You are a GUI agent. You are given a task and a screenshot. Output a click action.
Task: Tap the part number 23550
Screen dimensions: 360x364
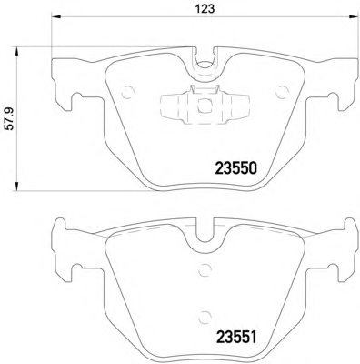pyautogui.click(x=236, y=167)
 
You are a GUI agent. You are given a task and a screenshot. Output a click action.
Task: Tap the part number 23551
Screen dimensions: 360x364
pyautogui.click(x=236, y=337)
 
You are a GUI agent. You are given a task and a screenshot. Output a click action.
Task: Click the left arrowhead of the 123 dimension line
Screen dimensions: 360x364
pyautogui.click(x=57, y=16)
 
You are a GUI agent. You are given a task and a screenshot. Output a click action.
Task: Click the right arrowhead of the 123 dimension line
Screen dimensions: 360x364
pyautogui.click(x=353, y=16)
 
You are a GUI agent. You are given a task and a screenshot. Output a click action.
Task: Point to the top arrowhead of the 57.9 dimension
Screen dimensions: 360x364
pyautogui.click(x=17, y=52)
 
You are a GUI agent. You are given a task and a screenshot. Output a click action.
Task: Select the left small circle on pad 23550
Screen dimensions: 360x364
pyautogui.click(x=127, y=91)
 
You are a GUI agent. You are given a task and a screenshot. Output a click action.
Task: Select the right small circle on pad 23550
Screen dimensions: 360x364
pyautogui.click(x=283, y=92)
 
